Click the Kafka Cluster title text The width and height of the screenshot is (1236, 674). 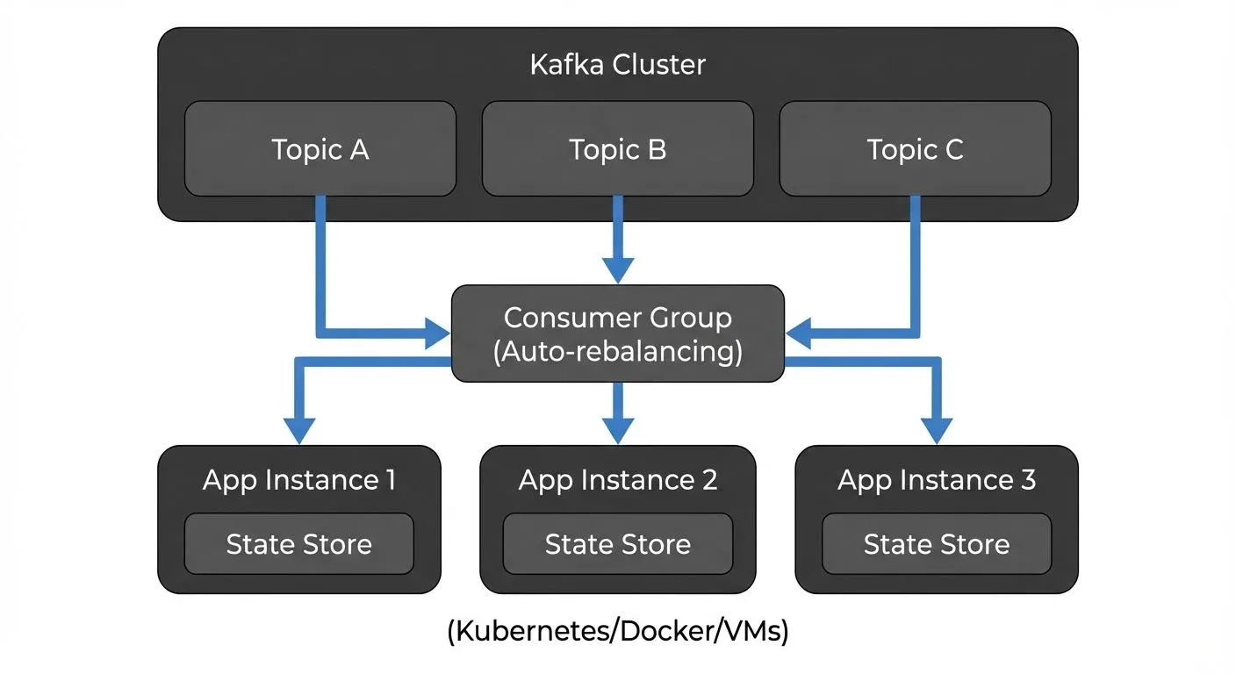pos(617,65)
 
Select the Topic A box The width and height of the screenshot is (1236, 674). pos(320,149)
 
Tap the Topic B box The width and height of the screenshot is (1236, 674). pos(617,149)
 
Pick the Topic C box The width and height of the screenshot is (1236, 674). pos(915,149)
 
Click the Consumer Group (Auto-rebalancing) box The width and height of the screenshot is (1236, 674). pos(617,333)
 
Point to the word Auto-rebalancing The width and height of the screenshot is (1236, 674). pos(617,352)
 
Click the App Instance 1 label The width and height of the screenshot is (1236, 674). pos(298,480)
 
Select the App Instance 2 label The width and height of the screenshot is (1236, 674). pos(617,480)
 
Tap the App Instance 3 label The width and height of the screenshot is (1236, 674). pos(936,480)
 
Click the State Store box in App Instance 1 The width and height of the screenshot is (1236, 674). pos(298,544)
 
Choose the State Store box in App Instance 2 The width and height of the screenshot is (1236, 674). pos(617,544)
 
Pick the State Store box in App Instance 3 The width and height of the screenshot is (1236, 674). pos(936,544)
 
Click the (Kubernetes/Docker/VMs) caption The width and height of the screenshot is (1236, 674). pos(617,632)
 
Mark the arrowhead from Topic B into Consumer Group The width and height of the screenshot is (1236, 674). pos(617,270)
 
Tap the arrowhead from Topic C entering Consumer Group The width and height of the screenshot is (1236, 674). pos(799,333)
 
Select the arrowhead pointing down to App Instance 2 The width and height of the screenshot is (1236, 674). pos(617,430)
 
